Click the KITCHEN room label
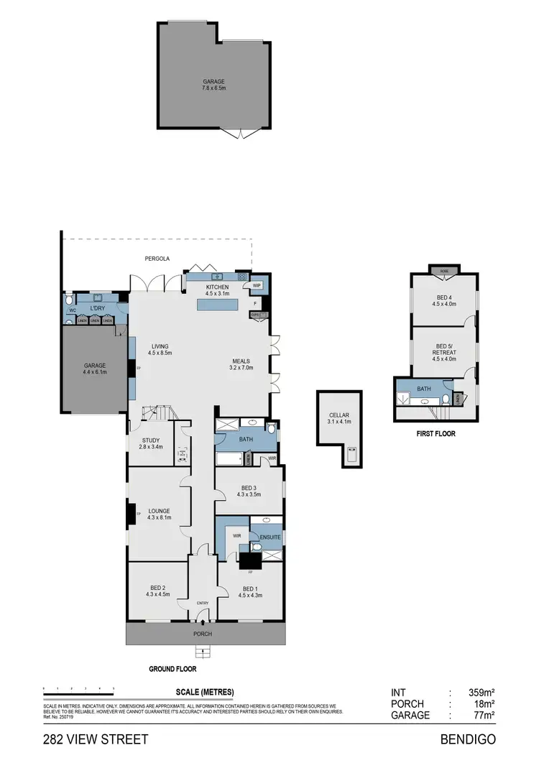point(217,287)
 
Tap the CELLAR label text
point(338,415)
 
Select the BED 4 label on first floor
point(444,297)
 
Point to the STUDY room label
point(151,440)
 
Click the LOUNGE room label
point(158,511)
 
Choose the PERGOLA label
point(157,258)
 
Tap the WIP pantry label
point(257,285)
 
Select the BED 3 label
point(249,487)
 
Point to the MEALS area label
point(241,361)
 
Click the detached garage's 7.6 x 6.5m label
point(213,88)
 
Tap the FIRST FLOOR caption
point(436,434)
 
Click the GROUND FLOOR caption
point(172,669)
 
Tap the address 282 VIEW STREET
point(96,739)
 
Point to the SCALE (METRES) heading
point(205,693)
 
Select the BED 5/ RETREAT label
point(444,353)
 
